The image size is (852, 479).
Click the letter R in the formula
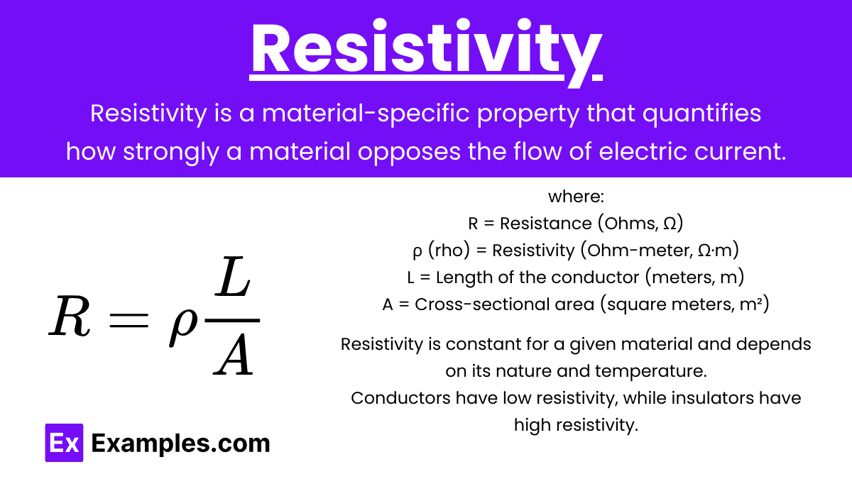70,316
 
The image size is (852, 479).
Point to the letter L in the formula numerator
232,277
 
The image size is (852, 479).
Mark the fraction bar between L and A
232,321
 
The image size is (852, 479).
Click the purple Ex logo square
64,443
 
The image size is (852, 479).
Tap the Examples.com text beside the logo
180,444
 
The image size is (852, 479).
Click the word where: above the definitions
576,197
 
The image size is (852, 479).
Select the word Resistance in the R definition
546,223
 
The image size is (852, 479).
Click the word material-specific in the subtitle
366,114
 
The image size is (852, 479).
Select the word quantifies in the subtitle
701,114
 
